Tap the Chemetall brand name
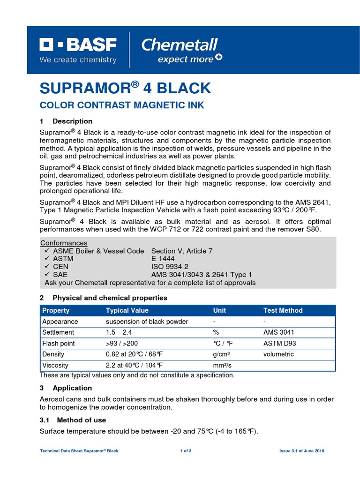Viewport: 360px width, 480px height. click(x=180, y=45)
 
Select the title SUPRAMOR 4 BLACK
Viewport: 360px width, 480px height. click(x=126, y=88)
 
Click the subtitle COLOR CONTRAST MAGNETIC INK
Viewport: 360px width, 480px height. click(x=122, y=105)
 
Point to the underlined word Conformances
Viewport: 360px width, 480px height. click(x=64, y=243)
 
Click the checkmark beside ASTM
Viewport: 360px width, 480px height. click(x=47, y=259)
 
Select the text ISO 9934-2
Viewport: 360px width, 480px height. click(x=170, y=267)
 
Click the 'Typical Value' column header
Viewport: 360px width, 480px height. click(x=127, y=310)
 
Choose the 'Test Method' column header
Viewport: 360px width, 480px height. click(x=283, y=310)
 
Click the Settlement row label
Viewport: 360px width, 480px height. click(x=58, y=332)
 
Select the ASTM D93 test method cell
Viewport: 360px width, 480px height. click(x=280, y=343)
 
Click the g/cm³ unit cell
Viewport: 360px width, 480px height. click(x=224, y=354)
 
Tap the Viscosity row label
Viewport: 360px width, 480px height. click(x=55, y=365)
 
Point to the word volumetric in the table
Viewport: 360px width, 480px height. click(x=278, y=354)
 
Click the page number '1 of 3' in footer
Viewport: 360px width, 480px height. click(x=186, y=451)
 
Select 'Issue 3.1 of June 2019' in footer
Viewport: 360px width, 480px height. click(x=301, y=451)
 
